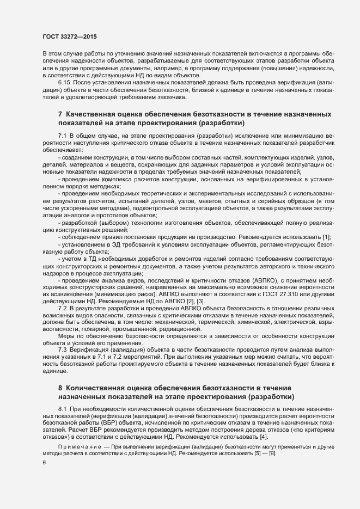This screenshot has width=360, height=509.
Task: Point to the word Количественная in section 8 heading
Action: pos(99,388)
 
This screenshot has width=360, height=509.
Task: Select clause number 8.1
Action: pos(62,407)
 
